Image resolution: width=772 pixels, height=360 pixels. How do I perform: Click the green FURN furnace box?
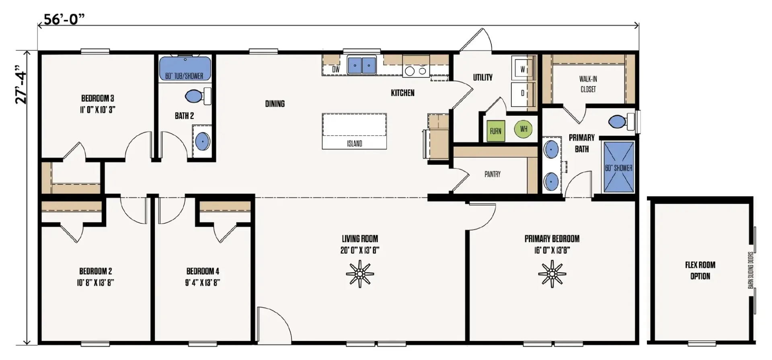[495, 131]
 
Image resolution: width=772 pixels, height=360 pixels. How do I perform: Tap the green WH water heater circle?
[523, 129]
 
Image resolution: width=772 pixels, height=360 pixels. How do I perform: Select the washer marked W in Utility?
[523, 69]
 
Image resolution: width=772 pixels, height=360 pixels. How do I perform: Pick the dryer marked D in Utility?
[523, 93]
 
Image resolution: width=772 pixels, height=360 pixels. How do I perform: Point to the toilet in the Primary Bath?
[621, 121]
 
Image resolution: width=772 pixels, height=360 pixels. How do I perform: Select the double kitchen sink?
[361, 65]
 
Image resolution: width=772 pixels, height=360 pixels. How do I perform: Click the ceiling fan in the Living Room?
[360, 274]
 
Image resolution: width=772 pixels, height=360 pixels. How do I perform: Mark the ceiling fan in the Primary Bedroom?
[552, 274]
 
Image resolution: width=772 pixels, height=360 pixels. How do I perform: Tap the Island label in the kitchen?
[354, 144]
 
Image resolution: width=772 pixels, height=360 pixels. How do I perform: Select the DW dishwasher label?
[336, 70]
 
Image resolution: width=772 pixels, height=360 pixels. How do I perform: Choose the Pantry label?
[493, 174]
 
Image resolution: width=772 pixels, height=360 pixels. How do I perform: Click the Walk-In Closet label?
[588, 84]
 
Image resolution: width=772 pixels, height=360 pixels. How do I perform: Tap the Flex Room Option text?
[700, 270]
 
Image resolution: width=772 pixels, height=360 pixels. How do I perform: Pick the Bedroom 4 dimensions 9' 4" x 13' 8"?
[203, 282]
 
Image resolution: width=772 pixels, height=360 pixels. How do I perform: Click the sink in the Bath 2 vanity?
[202, 142]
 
